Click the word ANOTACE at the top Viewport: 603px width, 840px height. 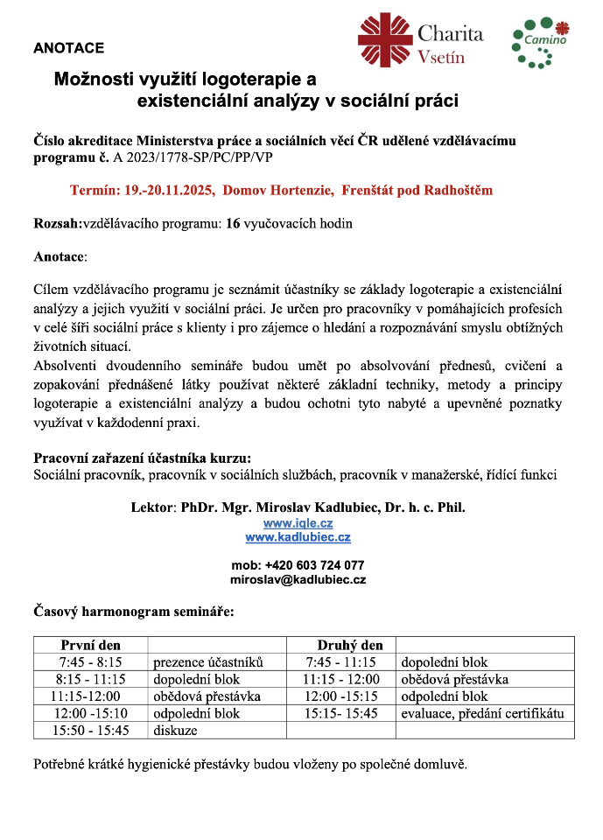click(68, 48)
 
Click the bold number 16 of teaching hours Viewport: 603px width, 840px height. click(233, 223)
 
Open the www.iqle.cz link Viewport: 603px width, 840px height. click(298, 522)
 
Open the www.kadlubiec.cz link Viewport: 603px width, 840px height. click(298, 537)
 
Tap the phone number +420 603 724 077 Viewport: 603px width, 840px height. click(311, 565)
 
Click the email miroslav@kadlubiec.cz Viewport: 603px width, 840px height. click(298, 579)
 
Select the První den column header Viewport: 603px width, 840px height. click(90, 646)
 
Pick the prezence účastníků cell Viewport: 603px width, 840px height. click(208, 662)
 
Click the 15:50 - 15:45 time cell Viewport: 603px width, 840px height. click(90, 730)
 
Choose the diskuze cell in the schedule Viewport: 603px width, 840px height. click(175, 730)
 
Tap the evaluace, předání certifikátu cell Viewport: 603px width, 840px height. click(482, 713)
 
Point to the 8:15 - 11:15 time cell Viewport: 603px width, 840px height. click(90, 679)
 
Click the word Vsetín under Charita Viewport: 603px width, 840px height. click(441, 58)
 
